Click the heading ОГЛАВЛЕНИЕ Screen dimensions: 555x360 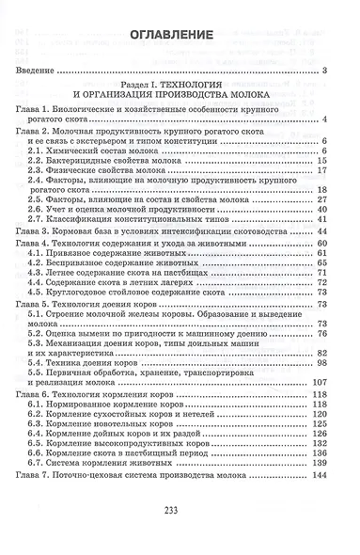coord(180,34)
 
